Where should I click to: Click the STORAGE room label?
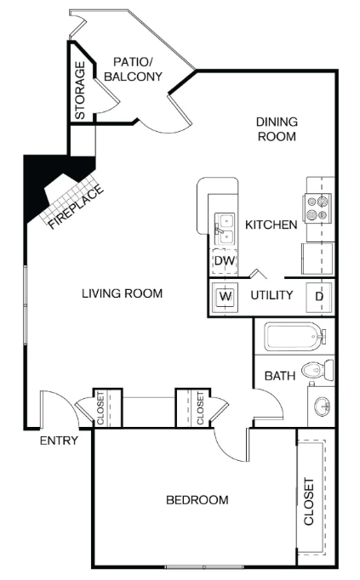[80, 90]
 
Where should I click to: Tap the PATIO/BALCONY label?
[133, 69]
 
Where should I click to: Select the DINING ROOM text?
[277, 128]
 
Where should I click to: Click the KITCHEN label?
[271, 225]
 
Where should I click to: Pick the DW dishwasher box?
[224, 260]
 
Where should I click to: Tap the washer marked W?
[226, 297]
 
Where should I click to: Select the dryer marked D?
[319, 296]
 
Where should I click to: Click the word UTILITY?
[271, 296]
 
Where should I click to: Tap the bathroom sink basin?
[323, 407]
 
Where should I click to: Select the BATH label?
[279, 375]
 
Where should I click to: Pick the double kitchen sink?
[225, 225]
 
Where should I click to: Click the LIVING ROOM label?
[122, 294]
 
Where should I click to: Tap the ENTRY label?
[59, 441]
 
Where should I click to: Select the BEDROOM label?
[197, 500]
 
